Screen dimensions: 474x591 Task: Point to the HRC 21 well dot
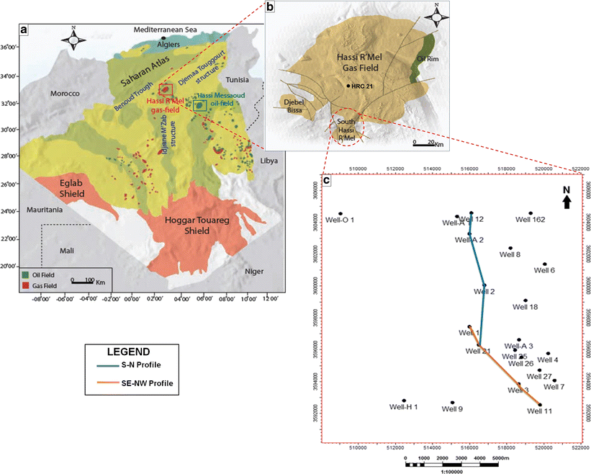point(349,86)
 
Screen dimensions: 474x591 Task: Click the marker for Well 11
point(540,405)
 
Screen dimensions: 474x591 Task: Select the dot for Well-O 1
point(340,214)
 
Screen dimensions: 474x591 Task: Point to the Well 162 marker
point(531,213)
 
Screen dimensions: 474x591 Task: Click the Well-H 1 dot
point(405,401)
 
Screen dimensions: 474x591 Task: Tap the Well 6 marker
point(545,264)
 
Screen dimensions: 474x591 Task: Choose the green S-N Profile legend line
point(99,365)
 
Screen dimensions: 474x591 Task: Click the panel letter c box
point(327,179)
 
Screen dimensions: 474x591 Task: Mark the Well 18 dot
point(525,300)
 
